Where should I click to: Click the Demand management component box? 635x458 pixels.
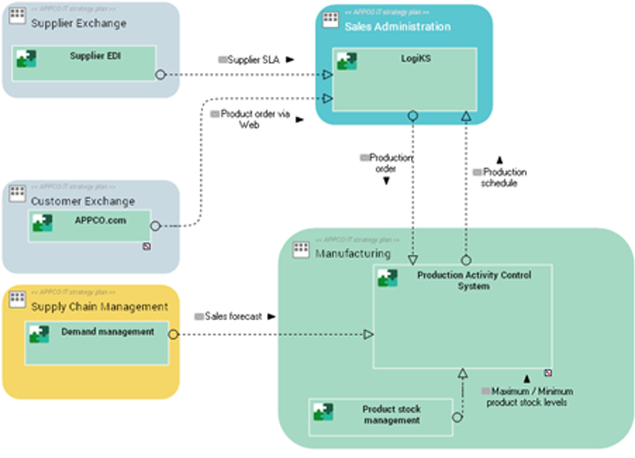(96, 343)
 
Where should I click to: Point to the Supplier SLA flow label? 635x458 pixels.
(255, 59)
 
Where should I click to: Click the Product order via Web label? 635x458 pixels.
(249, 120)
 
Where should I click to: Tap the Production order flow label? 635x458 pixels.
(386, 163)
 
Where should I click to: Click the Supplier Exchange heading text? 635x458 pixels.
(78, 23)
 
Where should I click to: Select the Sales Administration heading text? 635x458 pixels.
(397, 27)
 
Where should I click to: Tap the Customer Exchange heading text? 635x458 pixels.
(83, 201)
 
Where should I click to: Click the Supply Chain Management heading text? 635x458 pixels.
(99, 307)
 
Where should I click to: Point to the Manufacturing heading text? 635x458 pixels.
(353, 254)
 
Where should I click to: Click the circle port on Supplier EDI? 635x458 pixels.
(160, 75)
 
